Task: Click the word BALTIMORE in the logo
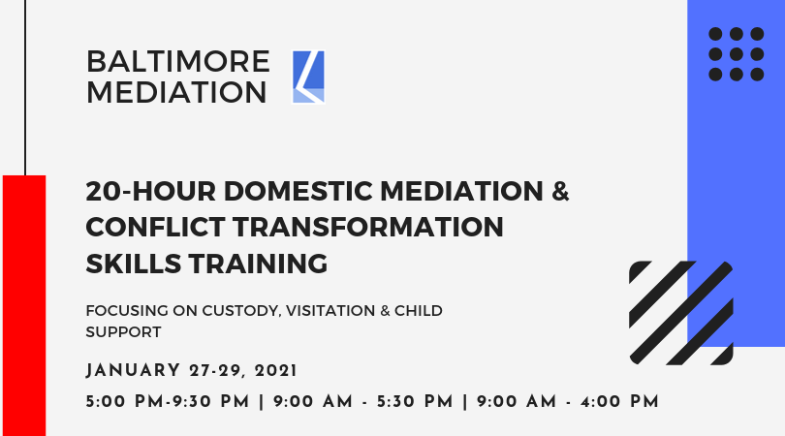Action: point(178,62)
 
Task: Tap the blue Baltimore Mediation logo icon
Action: point(308,78)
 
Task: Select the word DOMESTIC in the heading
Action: point(298,191)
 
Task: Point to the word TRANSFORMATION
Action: point(368,228)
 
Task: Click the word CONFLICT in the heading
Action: point(156,228)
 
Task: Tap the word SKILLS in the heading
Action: point(133,264)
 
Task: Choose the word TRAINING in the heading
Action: point(259,264)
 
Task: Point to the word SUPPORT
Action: point(123,332)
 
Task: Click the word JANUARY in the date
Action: point(133,371)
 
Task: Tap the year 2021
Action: point(276,371)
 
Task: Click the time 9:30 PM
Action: point(210,401)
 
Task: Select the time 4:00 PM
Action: point(619,401)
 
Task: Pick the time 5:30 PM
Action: point(415,401)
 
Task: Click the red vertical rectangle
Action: point(24,305)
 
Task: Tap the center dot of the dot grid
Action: point(736,54)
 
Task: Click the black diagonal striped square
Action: point(681,313)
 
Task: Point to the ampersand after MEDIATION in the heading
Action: point(561,191)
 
